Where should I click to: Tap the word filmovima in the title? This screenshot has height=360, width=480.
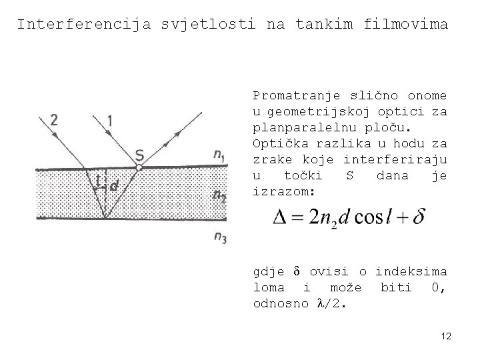click(x=407, y=25)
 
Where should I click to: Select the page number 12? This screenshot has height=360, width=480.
click(x=446, y=337)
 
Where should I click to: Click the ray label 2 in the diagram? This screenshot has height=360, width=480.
click(x=54, y=120)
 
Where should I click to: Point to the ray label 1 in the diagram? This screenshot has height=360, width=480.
click(x=110, y=120)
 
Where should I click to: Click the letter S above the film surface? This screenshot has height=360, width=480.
click(x=139, y=155)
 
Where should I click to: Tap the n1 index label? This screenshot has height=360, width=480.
click(x=219, y=155)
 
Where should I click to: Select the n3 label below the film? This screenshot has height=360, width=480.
click(x=219, y=238)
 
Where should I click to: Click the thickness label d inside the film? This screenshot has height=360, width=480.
click(x=114, y=187)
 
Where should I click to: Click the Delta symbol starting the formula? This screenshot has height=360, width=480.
click(x=281, y=217)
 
